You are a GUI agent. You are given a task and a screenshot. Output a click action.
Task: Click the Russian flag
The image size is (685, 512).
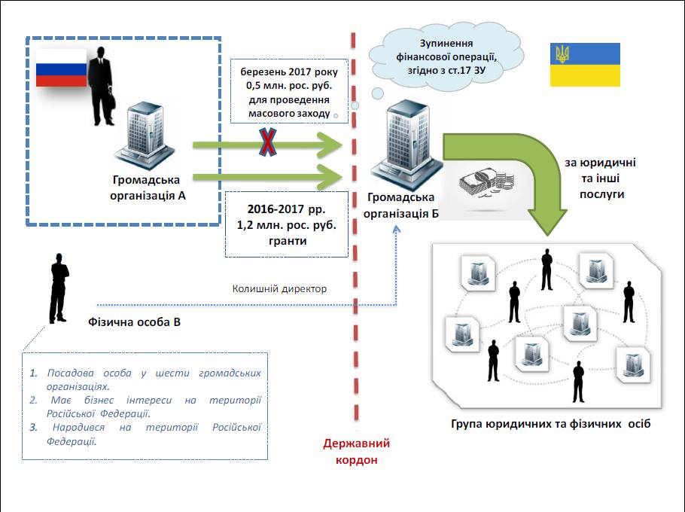[x=61, y=68]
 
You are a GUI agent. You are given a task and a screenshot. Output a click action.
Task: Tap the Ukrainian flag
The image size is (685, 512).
[x=585, y=65]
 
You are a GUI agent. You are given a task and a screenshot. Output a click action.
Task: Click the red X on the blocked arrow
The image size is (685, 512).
[x=268, y=142]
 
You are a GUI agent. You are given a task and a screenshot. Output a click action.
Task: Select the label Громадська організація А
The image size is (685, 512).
[x=148, y=187]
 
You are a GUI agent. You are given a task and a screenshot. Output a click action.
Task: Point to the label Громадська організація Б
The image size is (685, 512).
[x=400, y=206]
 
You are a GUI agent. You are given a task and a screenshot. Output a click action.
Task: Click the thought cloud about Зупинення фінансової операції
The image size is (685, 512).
[x=446, y=56]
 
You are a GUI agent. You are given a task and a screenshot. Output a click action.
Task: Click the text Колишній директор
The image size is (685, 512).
[x=279, y=289]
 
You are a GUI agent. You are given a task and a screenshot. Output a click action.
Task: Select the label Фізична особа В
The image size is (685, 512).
[x=134, y=322]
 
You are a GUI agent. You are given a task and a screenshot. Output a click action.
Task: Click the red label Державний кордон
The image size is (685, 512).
[x=357, y=451]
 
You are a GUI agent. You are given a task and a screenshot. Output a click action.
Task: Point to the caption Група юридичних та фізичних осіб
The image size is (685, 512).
[x=550, y=424]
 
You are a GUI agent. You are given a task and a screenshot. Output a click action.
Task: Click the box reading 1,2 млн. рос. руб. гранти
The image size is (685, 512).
[x=287, y=224]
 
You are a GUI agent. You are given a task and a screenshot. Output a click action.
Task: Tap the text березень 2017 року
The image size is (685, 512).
[x=289, y=72]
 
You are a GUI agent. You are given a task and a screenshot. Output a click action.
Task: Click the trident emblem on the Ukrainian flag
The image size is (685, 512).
[x=562, y=54]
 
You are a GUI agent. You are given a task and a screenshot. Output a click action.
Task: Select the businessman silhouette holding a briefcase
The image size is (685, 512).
[x=102, y=86]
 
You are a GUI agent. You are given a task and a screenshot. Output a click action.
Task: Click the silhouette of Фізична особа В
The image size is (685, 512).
[x=59, y=288]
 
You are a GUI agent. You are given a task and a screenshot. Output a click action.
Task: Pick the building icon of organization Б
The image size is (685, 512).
[x=406, y=144]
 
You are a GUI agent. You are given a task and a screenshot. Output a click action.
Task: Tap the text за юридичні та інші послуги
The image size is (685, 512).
[x=601, y=178]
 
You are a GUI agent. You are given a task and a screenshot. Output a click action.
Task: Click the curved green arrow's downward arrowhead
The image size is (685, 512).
[x=547, y=222]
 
